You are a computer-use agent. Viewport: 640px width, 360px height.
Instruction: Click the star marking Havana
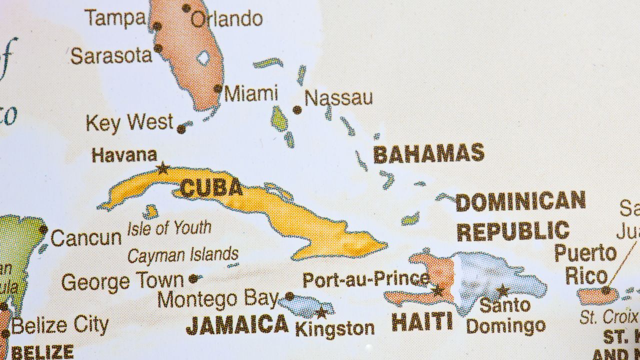click(162, 168)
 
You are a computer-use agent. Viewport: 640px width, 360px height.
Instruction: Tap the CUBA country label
click(211, 188)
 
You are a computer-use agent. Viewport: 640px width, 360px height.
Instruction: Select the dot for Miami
click(218, 88)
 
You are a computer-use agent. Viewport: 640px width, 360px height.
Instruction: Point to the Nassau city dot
click(297, 110)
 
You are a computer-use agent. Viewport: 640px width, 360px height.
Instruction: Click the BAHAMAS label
click(428, 153)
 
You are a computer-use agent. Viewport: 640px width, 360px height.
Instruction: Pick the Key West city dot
click(181, 129)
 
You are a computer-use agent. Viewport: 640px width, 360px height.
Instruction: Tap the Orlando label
click(226, 19)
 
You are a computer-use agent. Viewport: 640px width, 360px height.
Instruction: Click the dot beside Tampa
click(157, 26)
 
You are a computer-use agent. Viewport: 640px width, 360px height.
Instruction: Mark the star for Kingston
click(321, 313)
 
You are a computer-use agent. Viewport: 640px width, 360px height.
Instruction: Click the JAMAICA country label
click(237, 325)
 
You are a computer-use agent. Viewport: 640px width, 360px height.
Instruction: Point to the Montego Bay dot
click(289, 296)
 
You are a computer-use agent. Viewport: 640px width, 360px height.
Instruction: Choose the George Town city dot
click(193, 278)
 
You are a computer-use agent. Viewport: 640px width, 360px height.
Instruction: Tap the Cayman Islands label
click(182, 255)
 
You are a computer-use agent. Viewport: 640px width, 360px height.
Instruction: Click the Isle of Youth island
click(150, 212)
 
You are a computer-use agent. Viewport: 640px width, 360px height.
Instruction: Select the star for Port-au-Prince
click(438, 290)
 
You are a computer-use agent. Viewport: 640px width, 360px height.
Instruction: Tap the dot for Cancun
click(43, 230)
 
